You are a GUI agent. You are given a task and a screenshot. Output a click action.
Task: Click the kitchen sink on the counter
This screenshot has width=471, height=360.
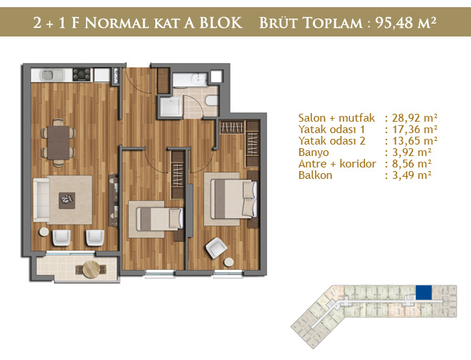coord(52,75)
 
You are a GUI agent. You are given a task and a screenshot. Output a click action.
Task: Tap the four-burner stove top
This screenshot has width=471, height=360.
coord(82,74)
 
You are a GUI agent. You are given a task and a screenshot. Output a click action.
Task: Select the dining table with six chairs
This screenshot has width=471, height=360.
coord(58,142)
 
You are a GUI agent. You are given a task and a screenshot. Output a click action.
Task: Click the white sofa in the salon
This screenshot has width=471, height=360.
coord(41,200)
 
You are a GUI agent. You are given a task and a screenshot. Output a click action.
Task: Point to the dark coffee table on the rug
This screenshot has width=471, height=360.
coord(67,200)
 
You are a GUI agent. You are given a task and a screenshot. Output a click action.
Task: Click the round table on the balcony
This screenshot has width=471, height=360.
coord(91,269)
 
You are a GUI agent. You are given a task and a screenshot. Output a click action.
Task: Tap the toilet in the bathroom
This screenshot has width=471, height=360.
coord(212,100)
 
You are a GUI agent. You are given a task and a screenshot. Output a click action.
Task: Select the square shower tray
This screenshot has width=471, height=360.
coord(171,107)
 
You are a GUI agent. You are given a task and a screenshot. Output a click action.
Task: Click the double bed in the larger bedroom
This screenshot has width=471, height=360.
coord(233,199)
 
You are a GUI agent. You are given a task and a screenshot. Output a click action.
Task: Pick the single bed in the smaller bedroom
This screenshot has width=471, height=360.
coord(160,219)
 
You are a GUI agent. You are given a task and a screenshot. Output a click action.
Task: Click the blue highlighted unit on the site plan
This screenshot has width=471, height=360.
coord(424,293)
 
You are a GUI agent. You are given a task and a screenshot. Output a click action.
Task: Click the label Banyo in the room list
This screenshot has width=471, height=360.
coord(314,152)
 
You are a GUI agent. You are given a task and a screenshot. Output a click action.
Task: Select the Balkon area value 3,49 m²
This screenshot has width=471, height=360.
coord(412,175)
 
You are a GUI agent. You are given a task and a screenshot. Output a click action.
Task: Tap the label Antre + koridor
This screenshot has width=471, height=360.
coord(337,164)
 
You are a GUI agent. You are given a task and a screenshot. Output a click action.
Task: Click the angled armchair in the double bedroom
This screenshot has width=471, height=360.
coord(216,248)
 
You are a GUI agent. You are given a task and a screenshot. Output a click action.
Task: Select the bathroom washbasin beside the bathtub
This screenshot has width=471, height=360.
coord(198,79)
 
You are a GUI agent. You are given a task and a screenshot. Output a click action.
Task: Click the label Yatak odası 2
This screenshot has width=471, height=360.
coord(332,141)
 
